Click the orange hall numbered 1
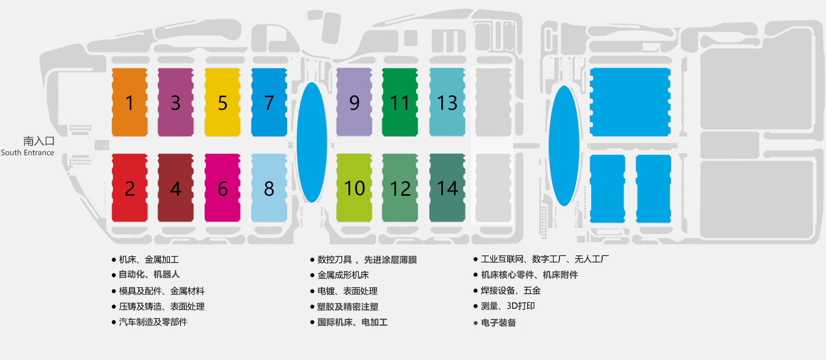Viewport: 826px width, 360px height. click(x=130, y=102)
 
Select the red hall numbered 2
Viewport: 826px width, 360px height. click(x=130, y=188)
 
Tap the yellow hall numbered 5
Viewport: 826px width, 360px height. click(x=223, y=102)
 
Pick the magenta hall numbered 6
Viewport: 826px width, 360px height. click(x=223, y=188)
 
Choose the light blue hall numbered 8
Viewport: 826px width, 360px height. click(x=269, y=188)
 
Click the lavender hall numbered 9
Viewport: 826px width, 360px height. click(x=354, y=102)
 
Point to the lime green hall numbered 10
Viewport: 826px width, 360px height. click(x=354, y=188)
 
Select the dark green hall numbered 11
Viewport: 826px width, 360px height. click(x=400, y=102)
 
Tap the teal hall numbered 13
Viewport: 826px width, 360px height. click(x=447, y=102)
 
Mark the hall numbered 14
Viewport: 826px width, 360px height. click(x=447, y=188)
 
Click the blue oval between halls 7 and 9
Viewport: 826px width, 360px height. click(x=312, y=142)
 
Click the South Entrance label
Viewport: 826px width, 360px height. click(x=28, y=153)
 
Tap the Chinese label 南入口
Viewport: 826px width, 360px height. click(x=39, y=141)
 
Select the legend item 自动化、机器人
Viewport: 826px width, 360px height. click(x=149, y=275)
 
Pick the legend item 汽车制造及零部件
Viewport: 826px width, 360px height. click(x=153, y=322)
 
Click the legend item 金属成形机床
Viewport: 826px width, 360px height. click(x=343, y=275)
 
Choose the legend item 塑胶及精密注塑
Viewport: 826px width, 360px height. click(x=347, y=307)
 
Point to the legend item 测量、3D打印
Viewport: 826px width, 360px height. click(x=507, y=306)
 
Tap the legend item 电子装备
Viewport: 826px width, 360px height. click(x=498, y=323)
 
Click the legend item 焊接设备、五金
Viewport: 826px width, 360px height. click(x=511, y=291)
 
